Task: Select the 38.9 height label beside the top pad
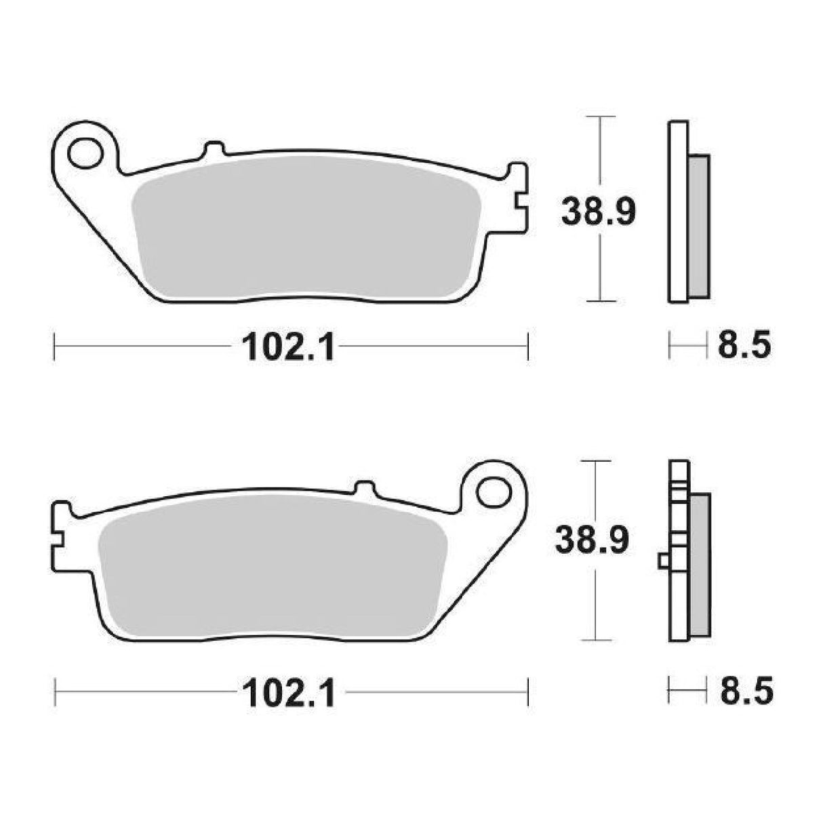click(597, 212)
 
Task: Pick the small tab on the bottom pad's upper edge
click(365, 487)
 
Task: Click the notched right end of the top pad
click(519, 197)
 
